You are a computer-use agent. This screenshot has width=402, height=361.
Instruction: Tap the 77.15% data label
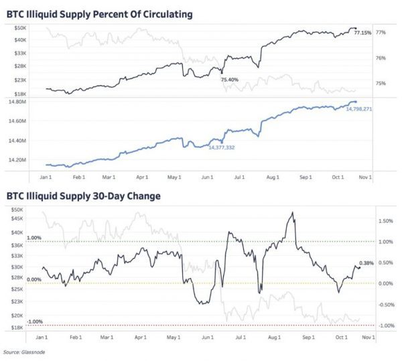coord(362,33)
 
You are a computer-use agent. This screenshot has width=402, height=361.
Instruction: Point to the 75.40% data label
coord(229,79)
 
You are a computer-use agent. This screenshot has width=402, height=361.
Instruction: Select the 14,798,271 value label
coord(358,109)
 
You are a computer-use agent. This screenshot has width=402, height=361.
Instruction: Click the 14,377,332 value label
coord(222,147)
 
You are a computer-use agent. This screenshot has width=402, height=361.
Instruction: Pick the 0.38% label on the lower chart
coord(366,263)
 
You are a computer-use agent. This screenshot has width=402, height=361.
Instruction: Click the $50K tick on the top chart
coord(19,27)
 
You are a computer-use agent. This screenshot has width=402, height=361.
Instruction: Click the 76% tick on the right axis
coord(380,58)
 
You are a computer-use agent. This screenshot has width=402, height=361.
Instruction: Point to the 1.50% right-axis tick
coord(385,220)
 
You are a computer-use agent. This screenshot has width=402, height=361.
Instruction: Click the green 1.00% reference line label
coord(34,238)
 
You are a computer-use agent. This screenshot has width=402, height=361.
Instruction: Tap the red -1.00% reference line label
coord(35,321)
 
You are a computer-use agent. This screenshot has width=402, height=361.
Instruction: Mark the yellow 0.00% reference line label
coord(34,279)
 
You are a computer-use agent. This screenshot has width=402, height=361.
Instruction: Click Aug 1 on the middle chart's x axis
coord(272,177)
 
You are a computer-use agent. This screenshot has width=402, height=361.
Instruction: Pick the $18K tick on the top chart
coord(19,94)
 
